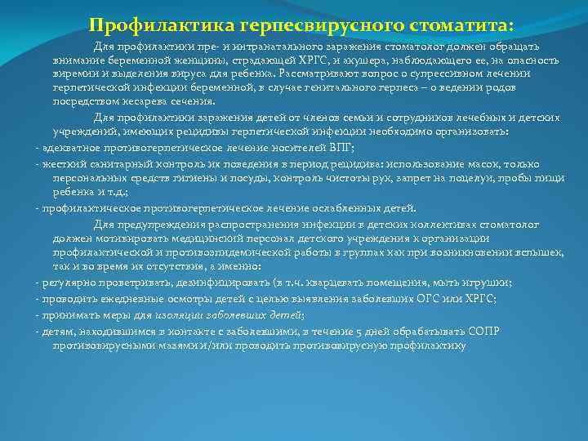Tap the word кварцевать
pos(354,282)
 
